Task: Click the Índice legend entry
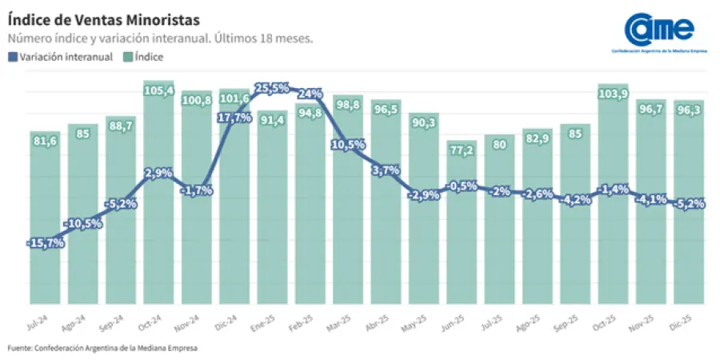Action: (144, 57)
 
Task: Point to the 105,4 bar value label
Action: (158, 90)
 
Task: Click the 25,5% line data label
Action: (272, 88)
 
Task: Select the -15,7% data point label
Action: (45, 242)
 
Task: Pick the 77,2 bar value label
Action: (462, 150)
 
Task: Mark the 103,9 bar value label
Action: (613, 94)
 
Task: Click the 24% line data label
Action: (310, 94)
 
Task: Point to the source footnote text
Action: (102, 348)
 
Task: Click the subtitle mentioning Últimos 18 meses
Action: (160, 38)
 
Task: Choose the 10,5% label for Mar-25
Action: (348, 145)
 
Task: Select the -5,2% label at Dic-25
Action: (688, 204)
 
